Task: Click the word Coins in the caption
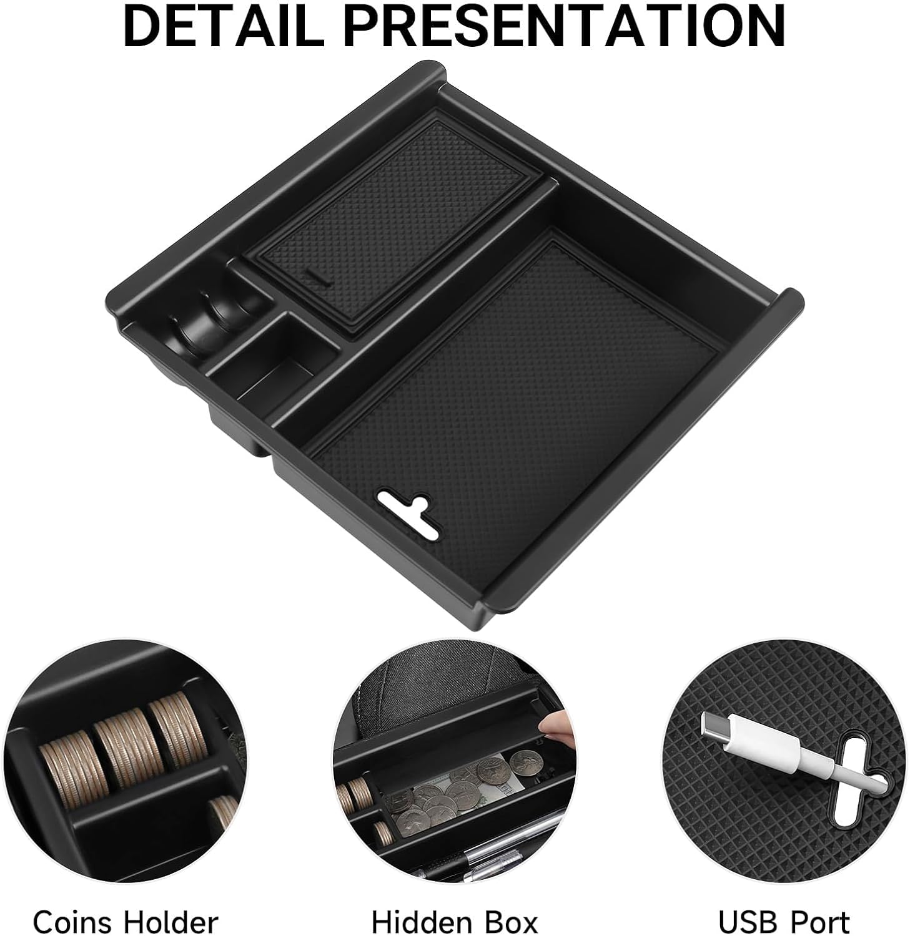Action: tap(74, 922)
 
